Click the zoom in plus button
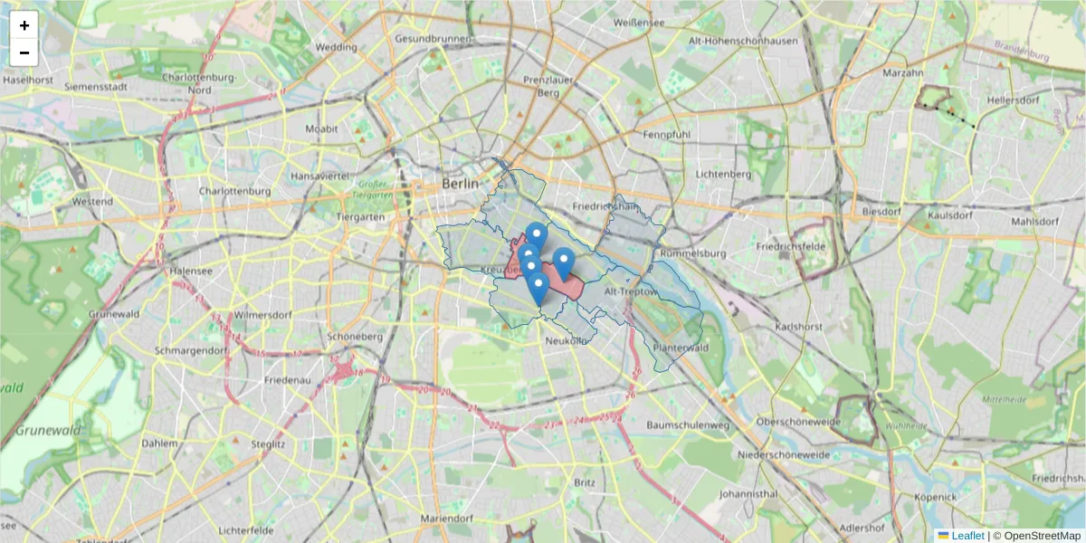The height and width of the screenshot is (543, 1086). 24,25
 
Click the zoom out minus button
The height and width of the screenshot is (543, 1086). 24,52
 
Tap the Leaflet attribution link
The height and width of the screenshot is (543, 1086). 967,536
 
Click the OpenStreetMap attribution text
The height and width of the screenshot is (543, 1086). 1042,536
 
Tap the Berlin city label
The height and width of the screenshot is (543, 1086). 460,183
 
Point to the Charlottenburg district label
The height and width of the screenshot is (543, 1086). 235,191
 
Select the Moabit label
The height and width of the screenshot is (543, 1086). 321,129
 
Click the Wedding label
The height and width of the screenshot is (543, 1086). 337,47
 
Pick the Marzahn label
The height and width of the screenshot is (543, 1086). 902,72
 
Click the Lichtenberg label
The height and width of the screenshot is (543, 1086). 724,174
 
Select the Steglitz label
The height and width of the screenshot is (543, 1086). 269,444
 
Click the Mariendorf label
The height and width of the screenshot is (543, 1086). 447,519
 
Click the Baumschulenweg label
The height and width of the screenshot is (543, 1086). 689,424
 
